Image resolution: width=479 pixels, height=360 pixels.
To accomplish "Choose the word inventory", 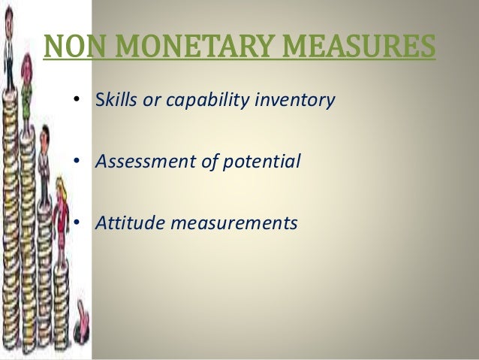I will pyautogui.click(x=294, y=101).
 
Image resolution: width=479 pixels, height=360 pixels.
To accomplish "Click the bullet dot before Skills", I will pyautogui.click(x=77, y=101).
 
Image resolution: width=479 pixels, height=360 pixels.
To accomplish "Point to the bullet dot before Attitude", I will pyautogui.click(x=77, y=223).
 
